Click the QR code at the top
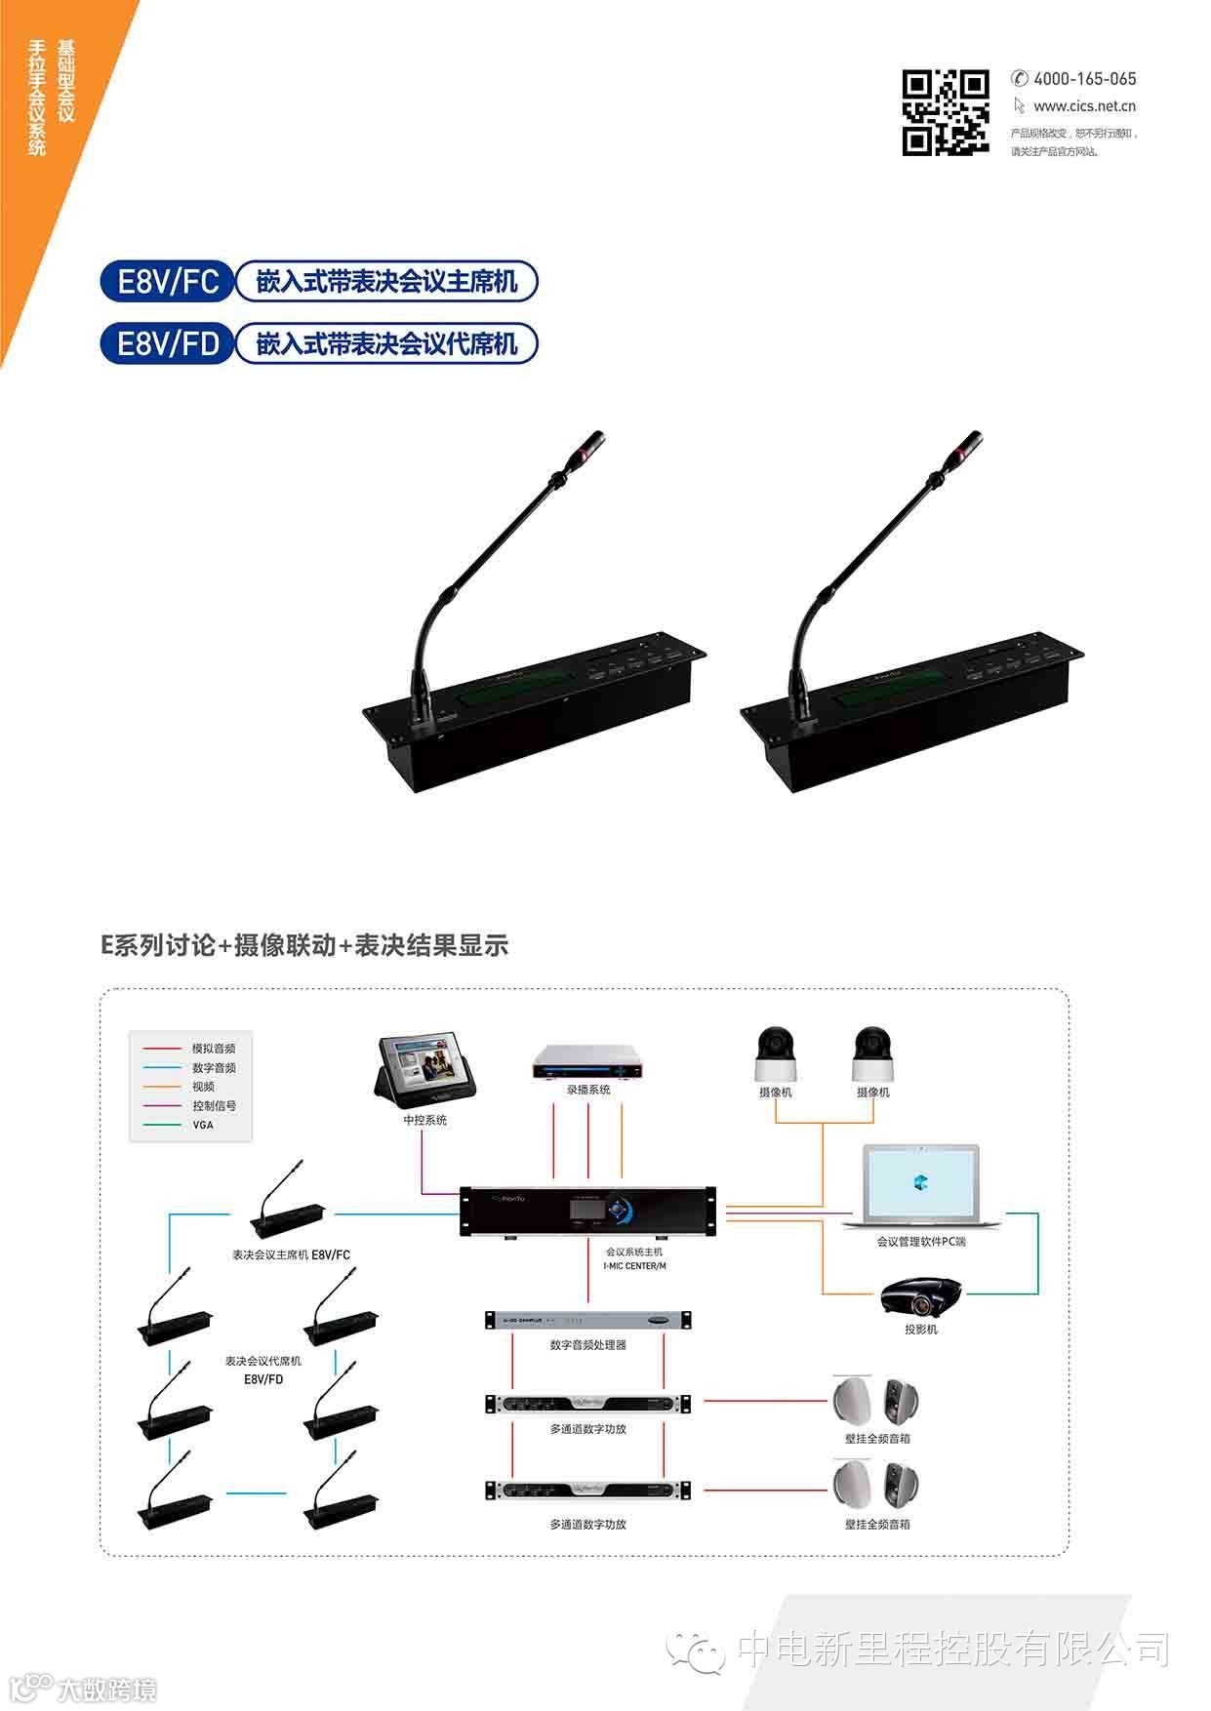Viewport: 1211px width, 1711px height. click(945, 112)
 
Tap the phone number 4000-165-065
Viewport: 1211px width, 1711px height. click(1084, 79)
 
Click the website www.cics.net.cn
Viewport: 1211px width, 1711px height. click(1084, 106)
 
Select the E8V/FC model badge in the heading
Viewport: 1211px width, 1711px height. click(168, 282)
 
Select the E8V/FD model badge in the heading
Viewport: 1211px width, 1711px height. click(168, 343)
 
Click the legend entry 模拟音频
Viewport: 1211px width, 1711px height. click(213, 1049)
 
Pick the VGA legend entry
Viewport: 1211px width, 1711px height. click(202, 1125)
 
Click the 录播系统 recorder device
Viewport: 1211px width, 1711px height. click(588, 1062)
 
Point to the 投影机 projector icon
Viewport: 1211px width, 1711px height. click(920, 1297)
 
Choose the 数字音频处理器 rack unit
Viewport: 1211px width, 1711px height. click(587, 1321)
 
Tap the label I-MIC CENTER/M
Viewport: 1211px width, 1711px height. click(634, 1266)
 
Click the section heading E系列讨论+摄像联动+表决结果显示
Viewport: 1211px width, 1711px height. click(304, 945)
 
